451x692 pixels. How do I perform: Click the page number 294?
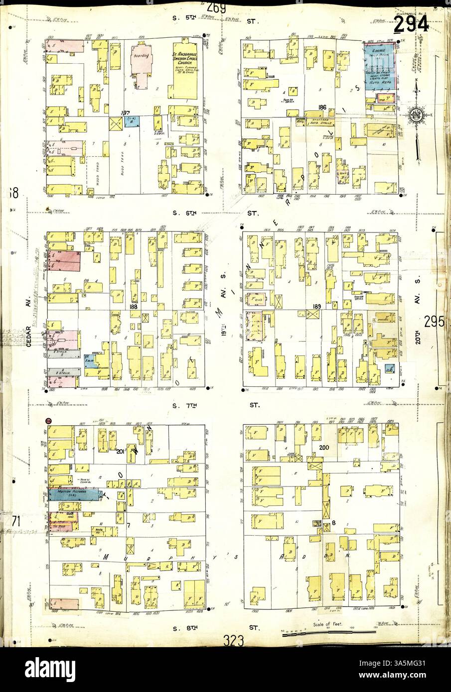tap(412, 22)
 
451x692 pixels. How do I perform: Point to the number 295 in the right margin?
tap(434, 322)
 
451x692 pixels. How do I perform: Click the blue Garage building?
tap(379, 66)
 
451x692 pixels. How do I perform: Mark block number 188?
tap(133, 307)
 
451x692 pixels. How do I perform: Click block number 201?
tap(120, 452)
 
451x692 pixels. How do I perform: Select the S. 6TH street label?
tap(186, 213)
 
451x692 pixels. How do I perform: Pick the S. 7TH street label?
tap(186, 405)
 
